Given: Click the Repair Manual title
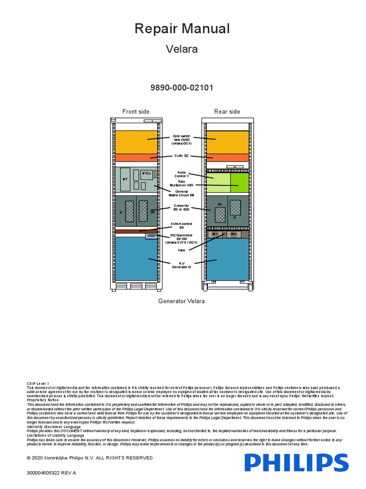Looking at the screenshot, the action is (182, 29).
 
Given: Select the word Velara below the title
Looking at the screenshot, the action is (182, 49).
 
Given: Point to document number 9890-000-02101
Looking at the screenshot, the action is (183, 88).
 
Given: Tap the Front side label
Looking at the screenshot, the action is (136, 112).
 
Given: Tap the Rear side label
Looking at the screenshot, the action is (227, 112).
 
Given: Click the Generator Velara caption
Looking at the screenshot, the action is (182, 301).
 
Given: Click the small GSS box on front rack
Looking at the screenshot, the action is (152, 236).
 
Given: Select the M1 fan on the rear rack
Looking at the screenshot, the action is (215, 234).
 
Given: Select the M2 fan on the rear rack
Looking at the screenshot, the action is (233, 234).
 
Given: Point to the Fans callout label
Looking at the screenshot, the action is (182, 250).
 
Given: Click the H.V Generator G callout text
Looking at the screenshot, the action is (182, 265).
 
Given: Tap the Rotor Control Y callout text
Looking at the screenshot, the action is (182, 174).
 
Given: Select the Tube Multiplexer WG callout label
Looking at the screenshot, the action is (182, 183).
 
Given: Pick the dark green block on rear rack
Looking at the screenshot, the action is (240, 182).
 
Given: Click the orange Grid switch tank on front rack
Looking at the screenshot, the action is (136, 141).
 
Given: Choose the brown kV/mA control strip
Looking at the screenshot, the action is (136, 231).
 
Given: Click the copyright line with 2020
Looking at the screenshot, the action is (90, 458).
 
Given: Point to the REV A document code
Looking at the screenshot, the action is (51, 473).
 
